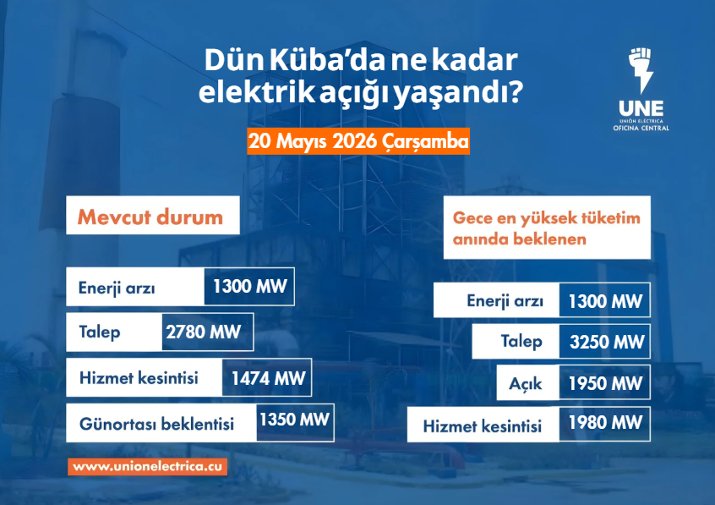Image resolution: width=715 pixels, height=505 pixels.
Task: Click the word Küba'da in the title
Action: coord(327,60)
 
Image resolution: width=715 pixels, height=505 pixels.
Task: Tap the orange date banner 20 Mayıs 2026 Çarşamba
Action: coord(358,141)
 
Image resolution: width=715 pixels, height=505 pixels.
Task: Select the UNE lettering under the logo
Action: coord(641,108)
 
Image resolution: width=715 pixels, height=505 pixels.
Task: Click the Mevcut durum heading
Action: coord(150,217)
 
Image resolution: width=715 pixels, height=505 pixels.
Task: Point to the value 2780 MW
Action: coord(204,332)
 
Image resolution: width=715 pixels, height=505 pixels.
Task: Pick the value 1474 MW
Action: coord(269,378)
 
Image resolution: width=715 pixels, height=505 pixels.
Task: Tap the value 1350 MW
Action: coord(295,420)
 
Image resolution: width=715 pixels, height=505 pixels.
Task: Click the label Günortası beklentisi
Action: coord(157,424)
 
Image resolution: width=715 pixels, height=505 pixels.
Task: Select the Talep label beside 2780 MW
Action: coord(100,332)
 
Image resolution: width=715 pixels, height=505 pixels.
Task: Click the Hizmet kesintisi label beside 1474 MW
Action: coord(139,378)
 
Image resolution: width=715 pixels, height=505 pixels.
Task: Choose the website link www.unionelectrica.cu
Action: coord(147,467)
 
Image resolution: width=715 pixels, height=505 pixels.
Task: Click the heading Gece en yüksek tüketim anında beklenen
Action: coord(546,228)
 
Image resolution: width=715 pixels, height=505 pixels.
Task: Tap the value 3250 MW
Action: coord(607,342)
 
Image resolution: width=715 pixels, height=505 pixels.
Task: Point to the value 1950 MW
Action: coord(605,383)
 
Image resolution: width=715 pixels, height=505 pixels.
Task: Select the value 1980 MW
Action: coord(605,422)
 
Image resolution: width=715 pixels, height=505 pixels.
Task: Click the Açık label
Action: coord(526,384)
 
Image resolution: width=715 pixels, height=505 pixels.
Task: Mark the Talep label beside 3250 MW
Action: coord(521,342)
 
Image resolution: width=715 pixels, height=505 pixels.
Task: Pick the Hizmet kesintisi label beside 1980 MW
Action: coord(483,426)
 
